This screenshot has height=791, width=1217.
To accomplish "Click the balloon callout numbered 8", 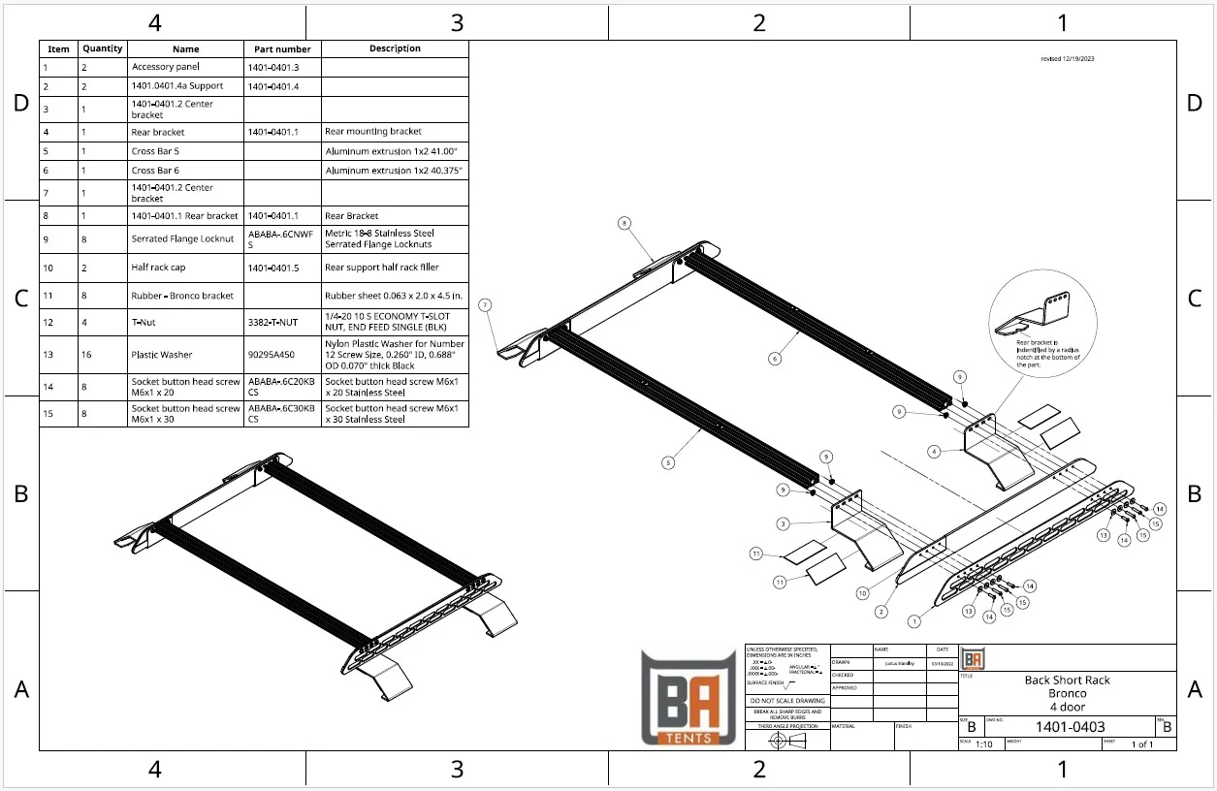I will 625,223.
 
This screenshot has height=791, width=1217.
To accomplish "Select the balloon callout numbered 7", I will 485,304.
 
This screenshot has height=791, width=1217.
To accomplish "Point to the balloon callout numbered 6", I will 775,359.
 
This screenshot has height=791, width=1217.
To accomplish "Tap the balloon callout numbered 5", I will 668,463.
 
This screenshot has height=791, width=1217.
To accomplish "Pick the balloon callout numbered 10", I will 863,592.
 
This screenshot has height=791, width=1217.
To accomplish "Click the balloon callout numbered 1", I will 913,621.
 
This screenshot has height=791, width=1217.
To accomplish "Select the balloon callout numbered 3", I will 782,523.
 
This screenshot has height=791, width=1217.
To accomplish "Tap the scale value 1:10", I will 983,744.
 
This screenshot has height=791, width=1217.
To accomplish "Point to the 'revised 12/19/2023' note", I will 1068,59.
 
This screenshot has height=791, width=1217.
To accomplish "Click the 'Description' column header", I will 395,48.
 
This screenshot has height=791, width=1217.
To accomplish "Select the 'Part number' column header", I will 282,49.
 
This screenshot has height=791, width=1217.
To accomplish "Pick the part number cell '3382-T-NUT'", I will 272,322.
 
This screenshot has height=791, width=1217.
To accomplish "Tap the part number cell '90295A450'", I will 272,355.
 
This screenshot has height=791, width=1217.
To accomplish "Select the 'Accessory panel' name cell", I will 166,67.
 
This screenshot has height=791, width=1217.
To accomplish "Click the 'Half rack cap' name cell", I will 158,267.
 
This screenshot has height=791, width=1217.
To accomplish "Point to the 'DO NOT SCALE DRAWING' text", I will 787,700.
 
